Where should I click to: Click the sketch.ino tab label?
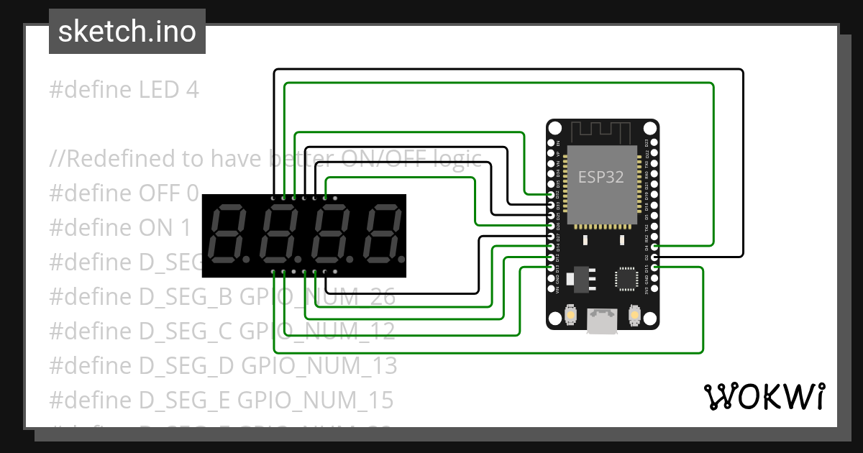tap(127, 32)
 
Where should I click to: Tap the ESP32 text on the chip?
tap(601, 176)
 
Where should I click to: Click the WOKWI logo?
tap(764, 396)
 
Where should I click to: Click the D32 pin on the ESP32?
tap(551, 195)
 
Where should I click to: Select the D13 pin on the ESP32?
tap(551, 267)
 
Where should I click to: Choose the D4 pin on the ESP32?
tap(654, 247)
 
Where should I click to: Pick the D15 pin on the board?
tap(654, 267)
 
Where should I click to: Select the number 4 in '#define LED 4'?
tap(191, 90)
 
